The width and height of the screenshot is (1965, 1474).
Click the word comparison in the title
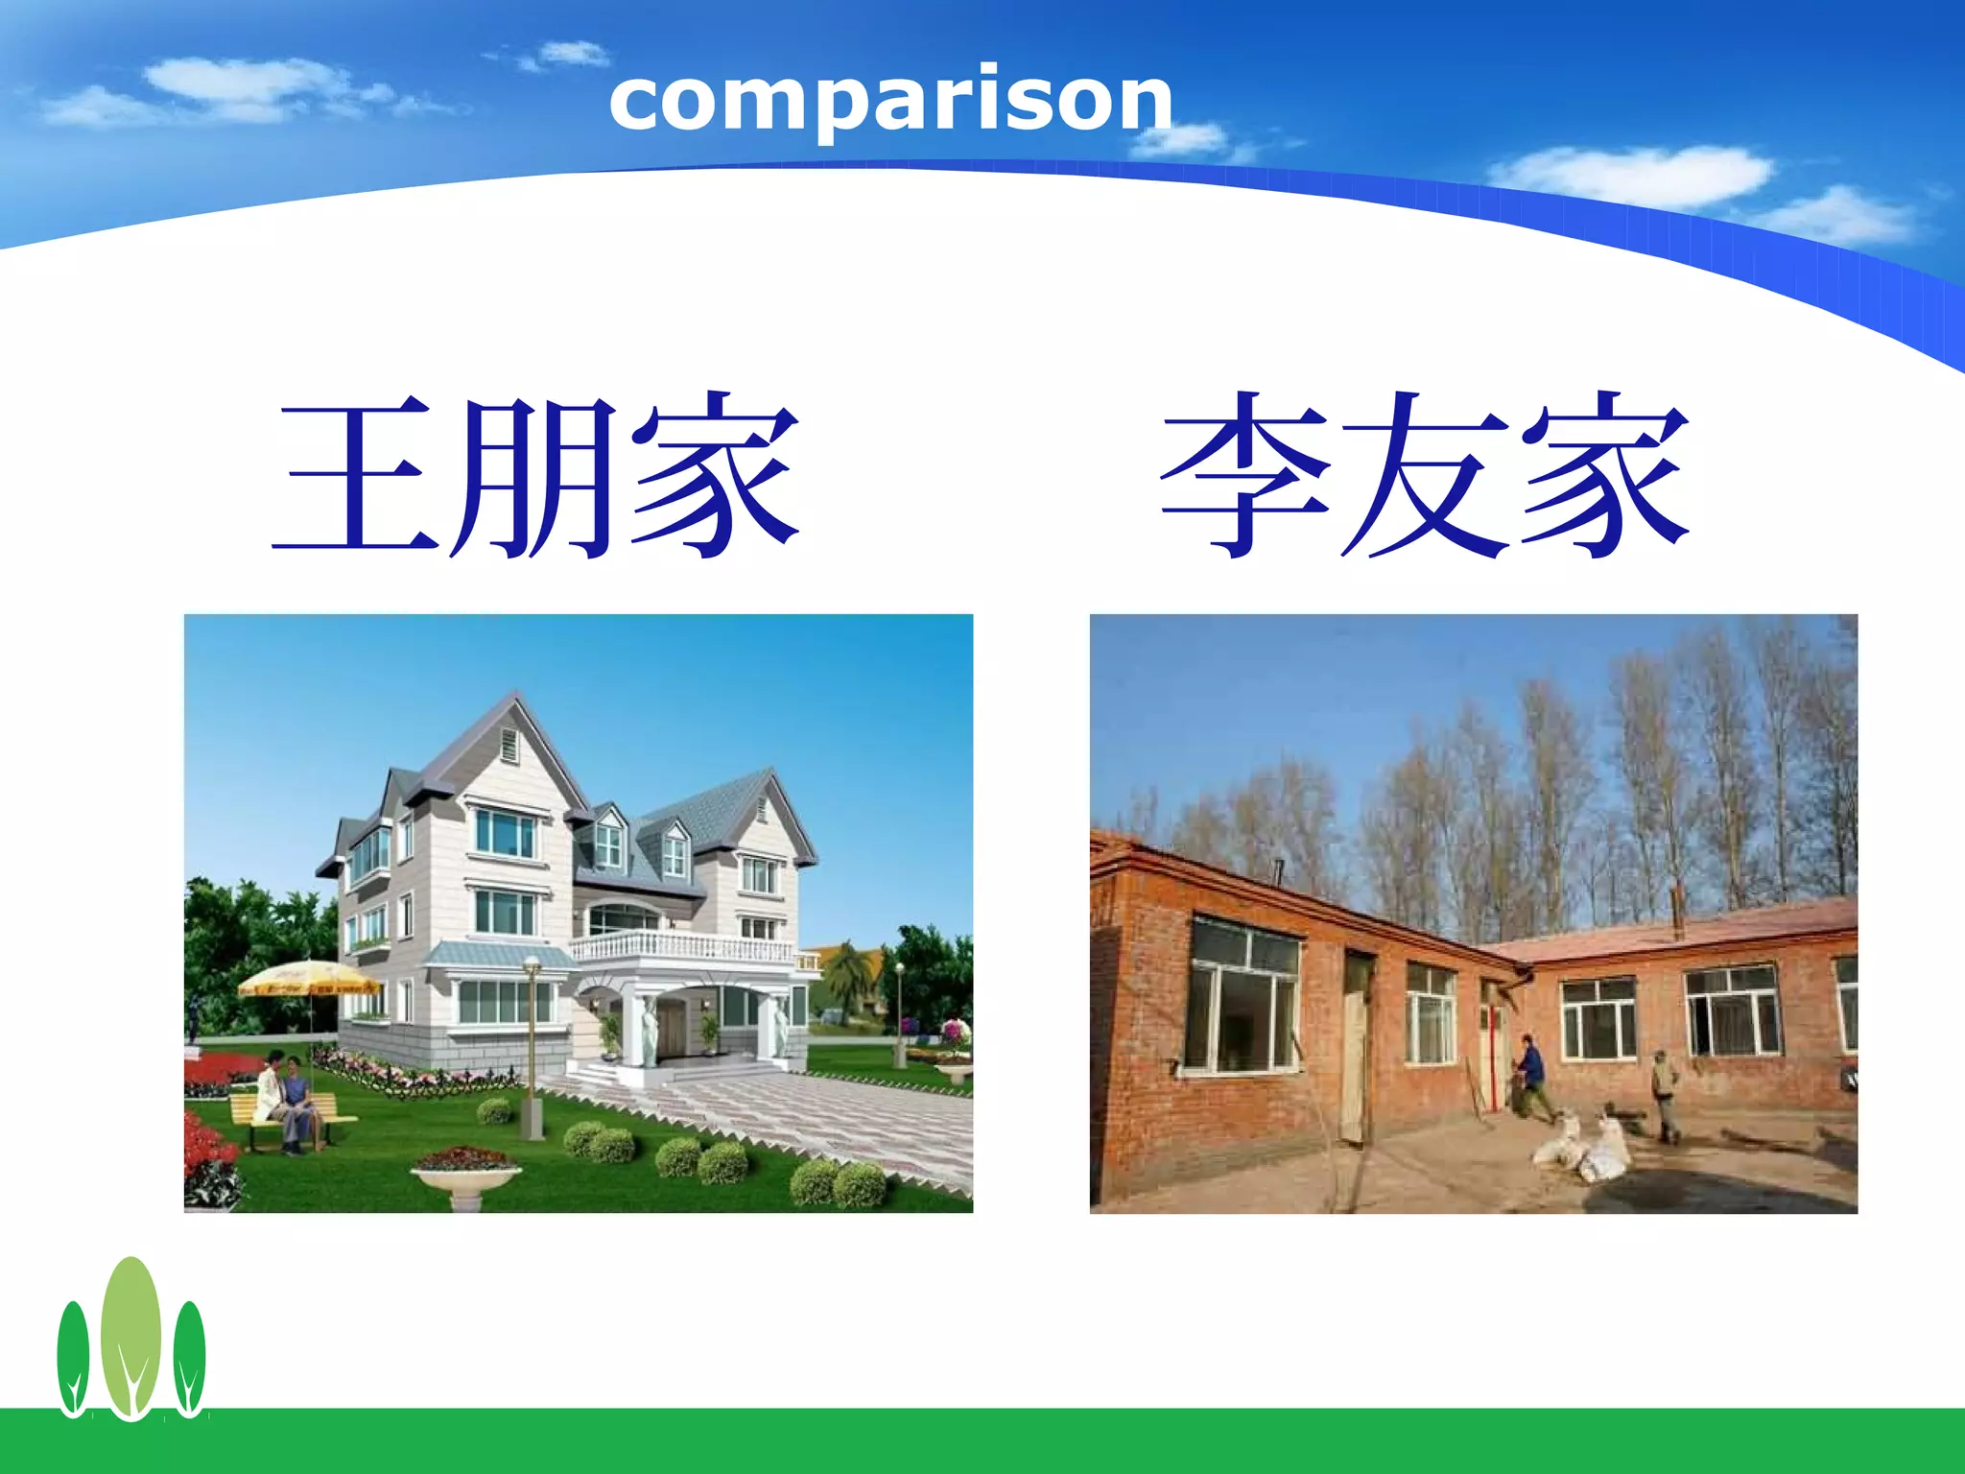[890, 102]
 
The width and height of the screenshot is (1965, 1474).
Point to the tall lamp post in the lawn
[532, 1046]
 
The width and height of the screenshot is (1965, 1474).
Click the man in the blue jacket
[1532, 1075]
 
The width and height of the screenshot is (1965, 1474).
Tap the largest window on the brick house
[1244, 998]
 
